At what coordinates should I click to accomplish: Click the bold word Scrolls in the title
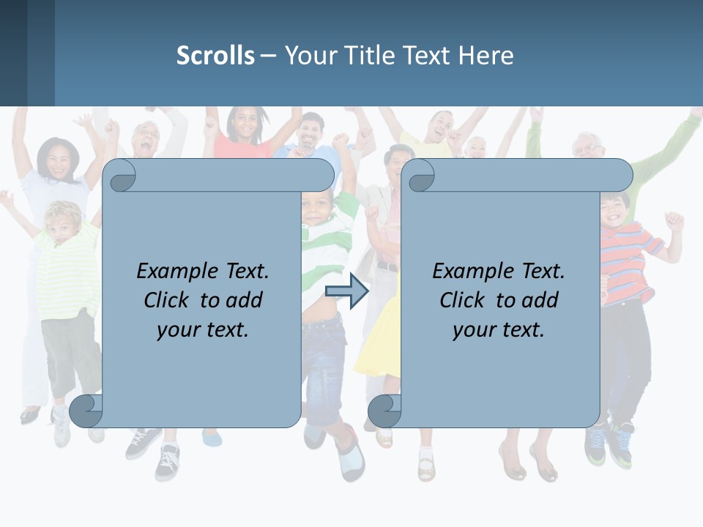(x=215, y=56)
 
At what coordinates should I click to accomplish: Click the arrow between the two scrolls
(x=346, y=291)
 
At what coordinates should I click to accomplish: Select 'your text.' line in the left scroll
(x=203, y=329)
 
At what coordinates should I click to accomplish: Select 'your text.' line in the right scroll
(x=499, y=329)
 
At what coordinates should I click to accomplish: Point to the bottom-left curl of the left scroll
(x=86, y=411)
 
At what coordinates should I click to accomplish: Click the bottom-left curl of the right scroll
(x=384, y=411)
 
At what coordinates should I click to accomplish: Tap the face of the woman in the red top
(x=245, y=125)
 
